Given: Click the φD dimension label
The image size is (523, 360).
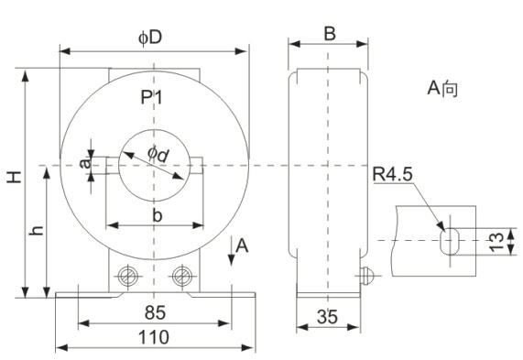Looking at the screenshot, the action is pos(150,38).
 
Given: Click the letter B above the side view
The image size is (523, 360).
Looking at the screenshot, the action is pos(330,34).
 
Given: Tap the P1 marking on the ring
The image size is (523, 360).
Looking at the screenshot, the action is pos(151,97).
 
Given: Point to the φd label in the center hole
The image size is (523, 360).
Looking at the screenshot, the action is pos(158,155).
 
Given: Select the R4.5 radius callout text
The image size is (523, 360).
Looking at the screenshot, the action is pos(392,174).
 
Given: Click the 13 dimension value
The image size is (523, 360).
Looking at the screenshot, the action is pos(496,241).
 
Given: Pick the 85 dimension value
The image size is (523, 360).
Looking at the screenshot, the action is pos(155,312).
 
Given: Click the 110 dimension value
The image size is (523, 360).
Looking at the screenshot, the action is pos(154,337).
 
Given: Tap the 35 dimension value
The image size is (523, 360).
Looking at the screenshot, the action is pos(327,316).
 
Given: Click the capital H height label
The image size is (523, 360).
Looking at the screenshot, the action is pos(15,177).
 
